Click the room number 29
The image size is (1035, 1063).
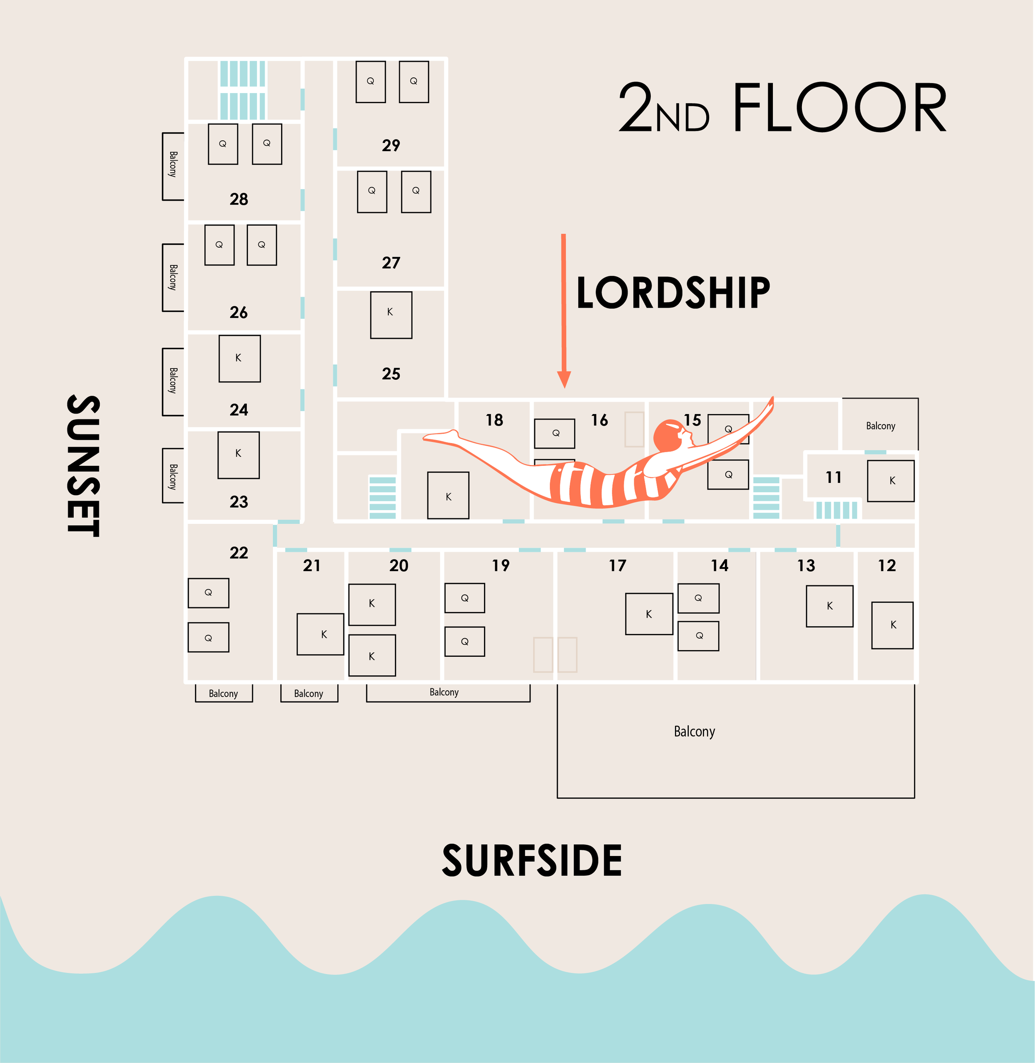(x=391, y=146)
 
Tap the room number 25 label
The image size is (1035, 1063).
(x=391, y=374)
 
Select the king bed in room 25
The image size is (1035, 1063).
(x=391, y=315)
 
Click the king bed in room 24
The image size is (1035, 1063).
(x=239, y=358)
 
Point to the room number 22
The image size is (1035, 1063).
(x=238, y=553)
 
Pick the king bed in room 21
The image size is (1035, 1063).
(x=320, y=634)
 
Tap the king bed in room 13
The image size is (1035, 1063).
(x=830, y=606)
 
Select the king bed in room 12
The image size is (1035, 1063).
(x=892, y=625)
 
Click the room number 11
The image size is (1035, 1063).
(x=833, y=477)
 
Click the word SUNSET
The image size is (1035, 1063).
(x=83, y=466)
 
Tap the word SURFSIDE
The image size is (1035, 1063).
(x=532, y=861)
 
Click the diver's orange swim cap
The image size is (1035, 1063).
(x=667, y=435)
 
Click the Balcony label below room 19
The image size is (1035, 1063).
(x=444, y=692)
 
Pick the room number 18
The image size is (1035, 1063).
(x=494, y=420)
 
